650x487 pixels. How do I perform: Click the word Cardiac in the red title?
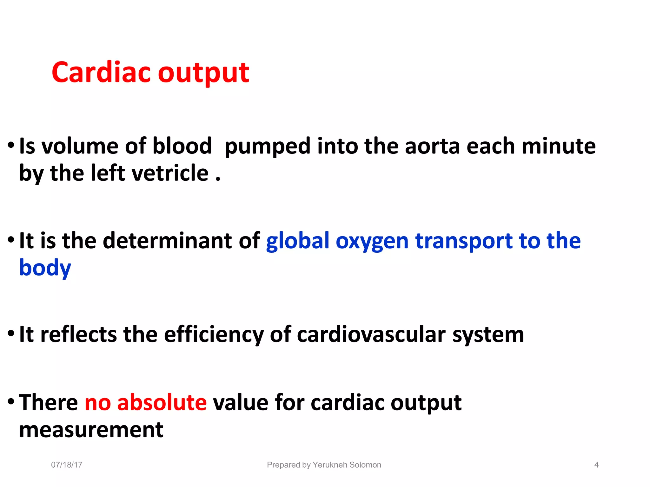[101, 72]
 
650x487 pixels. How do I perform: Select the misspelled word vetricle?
[170, 173]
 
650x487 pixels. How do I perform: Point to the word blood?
[182, 146]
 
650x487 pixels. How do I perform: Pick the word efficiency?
[214, 335]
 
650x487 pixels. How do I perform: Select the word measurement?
[91, 430]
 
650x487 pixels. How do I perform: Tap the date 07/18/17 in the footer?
[67, 465]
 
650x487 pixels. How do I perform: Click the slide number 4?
[596, 465]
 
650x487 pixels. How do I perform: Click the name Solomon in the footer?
[366, 465]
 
